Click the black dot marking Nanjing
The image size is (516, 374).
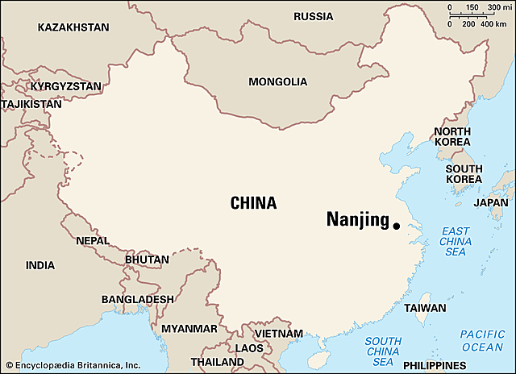point(396,226)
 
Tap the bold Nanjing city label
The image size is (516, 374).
point(357,220)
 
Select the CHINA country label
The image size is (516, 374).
point(253,203)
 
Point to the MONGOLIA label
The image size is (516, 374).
point(277,82)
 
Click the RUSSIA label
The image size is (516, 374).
point(314,17)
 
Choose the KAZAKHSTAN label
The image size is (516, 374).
point(73,27)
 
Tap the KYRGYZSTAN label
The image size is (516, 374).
point(65,85)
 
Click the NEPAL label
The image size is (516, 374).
point(92,240)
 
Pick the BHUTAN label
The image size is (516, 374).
point(148,260)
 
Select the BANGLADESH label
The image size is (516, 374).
point(137,299)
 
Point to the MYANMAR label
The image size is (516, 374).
point(189,329)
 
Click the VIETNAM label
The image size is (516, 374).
point(278,334)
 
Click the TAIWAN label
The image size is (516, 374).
point(425,308)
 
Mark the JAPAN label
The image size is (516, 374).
point(491,203)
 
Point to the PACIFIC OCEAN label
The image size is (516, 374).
point(482,340)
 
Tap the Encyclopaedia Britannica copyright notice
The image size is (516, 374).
point(72,364)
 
